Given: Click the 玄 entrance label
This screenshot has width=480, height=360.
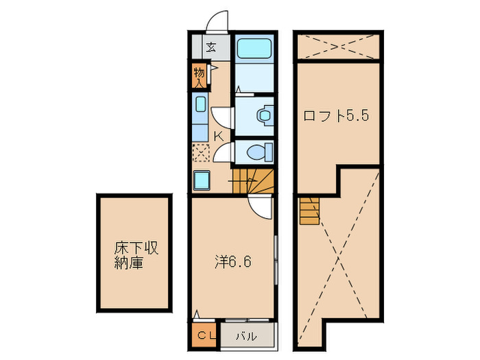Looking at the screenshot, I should pos(212,47).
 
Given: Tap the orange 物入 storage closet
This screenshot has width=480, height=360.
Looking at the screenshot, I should pos(199,76).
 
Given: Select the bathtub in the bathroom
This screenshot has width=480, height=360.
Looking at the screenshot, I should pos(253,49).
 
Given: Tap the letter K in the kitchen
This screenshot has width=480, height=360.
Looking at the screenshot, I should pos(218,136).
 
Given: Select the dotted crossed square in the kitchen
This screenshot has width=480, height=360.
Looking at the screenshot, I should pos(201,153).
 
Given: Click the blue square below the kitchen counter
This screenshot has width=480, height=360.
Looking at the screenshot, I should pos(202,180).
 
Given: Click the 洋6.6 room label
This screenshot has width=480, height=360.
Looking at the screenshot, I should pos(228,261).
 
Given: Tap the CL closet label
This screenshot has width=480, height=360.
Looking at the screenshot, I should pos(206,335).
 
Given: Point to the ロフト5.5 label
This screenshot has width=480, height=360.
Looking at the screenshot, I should pos(337,115).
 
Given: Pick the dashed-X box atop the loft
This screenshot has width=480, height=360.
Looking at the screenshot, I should pos(338,47).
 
